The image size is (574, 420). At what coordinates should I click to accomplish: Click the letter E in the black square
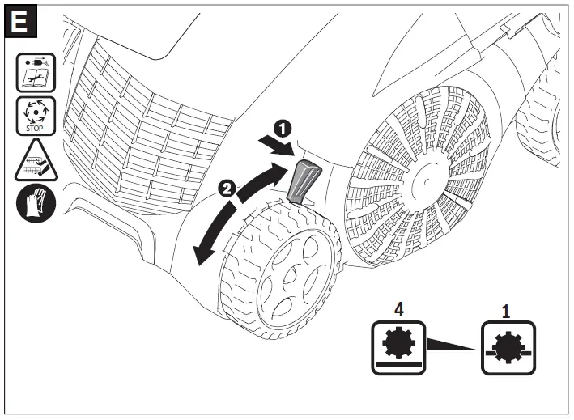pyautogui.click(x=19, y=21)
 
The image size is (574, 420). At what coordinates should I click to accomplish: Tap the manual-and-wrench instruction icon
pyautogui.click(x=36, y=73)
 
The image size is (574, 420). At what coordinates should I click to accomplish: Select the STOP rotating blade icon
pyautogui.click(x=36, y=116)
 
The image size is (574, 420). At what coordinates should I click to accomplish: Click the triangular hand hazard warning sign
pyautogui.click(x=36, y=161)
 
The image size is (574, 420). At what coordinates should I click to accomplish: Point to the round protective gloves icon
pyautogui.click(x=36, y=203)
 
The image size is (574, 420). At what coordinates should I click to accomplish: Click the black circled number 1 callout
pyautogui.click(x=283, y=129)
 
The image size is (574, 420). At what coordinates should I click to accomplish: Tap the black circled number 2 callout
pyautogui.click(x=227, y=189)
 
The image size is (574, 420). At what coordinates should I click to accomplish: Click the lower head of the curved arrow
pyautogui.click(x=201, y=255)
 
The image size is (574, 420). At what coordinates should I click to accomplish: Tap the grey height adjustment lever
pyautogui.click(x=303, y=182)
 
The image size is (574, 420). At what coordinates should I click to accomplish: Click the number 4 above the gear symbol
pyautogui.click(x=398, y=309)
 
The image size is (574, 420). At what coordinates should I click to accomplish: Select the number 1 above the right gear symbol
pyautogui.click(x=505, y=312)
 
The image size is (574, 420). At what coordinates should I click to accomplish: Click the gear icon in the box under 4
pyautogui.click(x=398, y=343)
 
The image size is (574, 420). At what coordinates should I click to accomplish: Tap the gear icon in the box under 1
pyautogui.click(x=508, y=347)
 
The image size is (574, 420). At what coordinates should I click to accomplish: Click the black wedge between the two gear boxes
pyautogui.click(x=453, y=345)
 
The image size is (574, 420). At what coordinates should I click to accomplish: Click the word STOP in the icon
pyautogui.click(x=35, y=129)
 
